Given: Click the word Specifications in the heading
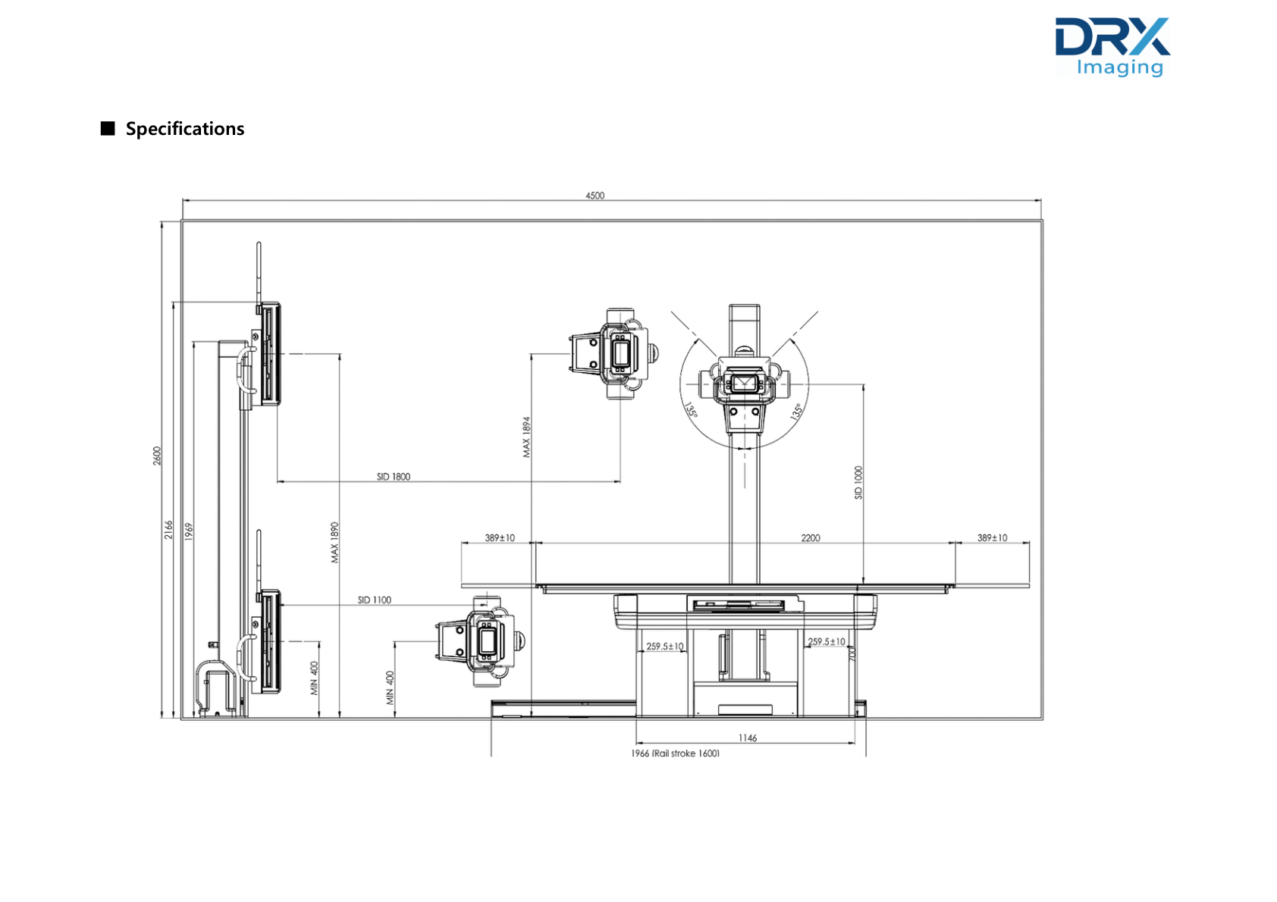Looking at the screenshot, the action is [x=185, y=129].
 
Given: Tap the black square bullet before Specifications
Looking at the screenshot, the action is [x=108, y=128].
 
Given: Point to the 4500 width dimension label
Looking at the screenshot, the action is [x=595, y=196].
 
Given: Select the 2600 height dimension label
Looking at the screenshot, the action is [x=157, y=456].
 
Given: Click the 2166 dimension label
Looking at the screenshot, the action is [x=169, y=529].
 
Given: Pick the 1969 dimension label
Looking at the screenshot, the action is [x=189, y=531].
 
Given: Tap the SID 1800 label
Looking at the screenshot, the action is [x=394, y=476].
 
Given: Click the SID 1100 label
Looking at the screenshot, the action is [x=374, y=600].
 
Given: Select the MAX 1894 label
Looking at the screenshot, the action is [x=526, y=437].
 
